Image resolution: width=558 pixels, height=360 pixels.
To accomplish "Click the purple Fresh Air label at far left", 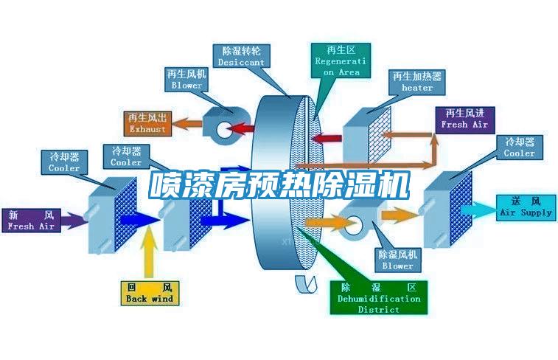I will pos(31,221).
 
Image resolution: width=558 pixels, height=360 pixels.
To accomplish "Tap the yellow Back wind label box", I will pos(149,292).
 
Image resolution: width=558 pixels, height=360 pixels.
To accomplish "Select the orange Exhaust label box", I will pos(147,122).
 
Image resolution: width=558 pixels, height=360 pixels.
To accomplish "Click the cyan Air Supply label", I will pos(526,207).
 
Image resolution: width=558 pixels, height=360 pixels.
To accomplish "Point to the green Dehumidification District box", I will pos(378,298).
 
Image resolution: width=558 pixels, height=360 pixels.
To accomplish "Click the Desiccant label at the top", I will pos(241,56).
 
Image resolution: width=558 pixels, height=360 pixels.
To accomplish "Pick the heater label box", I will pos(417,81).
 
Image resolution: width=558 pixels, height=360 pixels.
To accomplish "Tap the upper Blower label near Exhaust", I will pos(186,80).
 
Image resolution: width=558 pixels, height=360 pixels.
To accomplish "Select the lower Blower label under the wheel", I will pos(397,259).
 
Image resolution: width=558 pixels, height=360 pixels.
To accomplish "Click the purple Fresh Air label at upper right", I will pos(464,119).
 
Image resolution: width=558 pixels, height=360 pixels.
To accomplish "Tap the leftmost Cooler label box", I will pos(64,162).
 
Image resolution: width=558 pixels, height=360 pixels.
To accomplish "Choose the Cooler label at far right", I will pos(519,148).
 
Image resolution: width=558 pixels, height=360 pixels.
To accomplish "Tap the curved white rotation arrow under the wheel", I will pos(303,283).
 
